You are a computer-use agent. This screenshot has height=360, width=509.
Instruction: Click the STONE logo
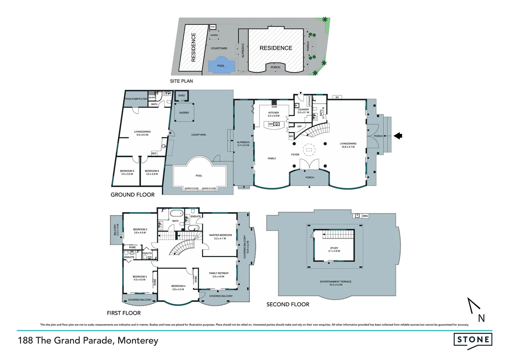click(473, 340)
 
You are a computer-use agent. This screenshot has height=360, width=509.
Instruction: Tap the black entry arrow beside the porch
click(398, 136)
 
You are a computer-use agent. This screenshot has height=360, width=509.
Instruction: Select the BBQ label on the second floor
click(365, 216)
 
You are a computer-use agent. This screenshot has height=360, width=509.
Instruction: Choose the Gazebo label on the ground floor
click(184, 113)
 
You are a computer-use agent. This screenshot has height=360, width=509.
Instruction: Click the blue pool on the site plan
click(221, 66)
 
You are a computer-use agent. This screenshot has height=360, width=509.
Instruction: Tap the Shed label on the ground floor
click(182, 96)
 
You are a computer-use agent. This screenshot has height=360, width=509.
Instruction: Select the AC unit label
click(337, 97)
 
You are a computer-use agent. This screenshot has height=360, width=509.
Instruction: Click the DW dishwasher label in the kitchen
click(270, 124)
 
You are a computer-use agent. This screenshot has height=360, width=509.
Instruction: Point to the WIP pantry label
click(299, 127)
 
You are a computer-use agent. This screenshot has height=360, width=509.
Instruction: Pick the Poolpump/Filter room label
click(136, 99)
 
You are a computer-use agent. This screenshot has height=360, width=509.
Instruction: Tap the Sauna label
click(152, 98)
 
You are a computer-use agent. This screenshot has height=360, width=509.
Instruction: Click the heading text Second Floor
click(288, 304)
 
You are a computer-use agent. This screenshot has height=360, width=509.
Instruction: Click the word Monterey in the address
click(138, 341)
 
